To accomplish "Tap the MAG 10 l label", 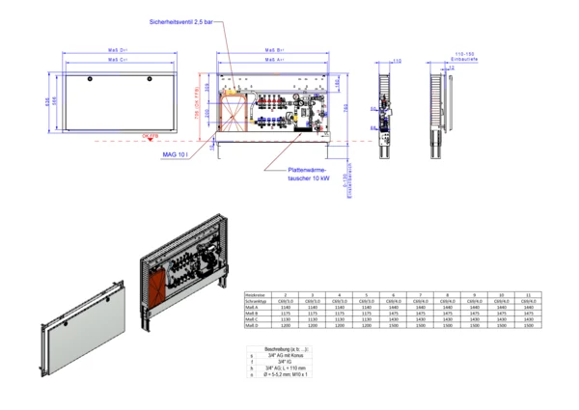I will (x=175, y=153).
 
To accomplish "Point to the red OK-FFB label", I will (x=150, y=137).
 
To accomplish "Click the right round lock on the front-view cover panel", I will (x=150, y=77).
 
